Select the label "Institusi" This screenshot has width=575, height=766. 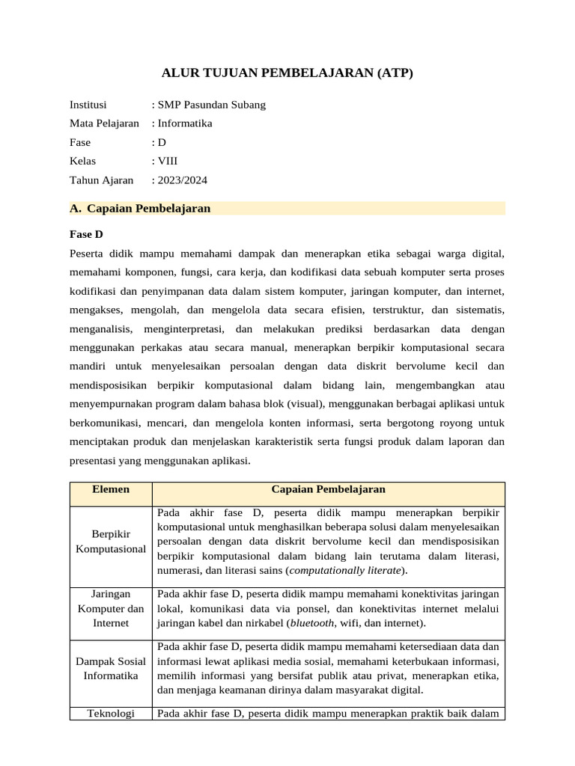(x=88, y=105)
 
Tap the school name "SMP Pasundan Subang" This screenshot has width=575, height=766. (x=211, y=105)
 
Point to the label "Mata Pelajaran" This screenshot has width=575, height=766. (x=104, y=123)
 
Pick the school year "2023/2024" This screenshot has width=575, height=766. (x=182, y=180)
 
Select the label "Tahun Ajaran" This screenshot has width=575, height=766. (x=101, y=180)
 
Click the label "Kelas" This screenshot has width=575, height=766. (x=83, y=161)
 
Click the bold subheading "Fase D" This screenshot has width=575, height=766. (x=86, y=234)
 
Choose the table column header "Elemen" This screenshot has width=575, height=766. (x=111, y=489)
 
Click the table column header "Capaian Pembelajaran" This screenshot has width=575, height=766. (x=328, y=489)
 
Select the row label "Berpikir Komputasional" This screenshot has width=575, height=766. (x=111, y=542)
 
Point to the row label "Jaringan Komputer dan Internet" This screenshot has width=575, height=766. (x=111, y=608)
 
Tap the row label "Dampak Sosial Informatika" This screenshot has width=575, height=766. (x=111, y=668)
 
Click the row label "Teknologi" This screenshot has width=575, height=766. (x=111, y=714)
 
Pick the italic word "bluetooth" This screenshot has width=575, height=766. (x=313, y=622)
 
